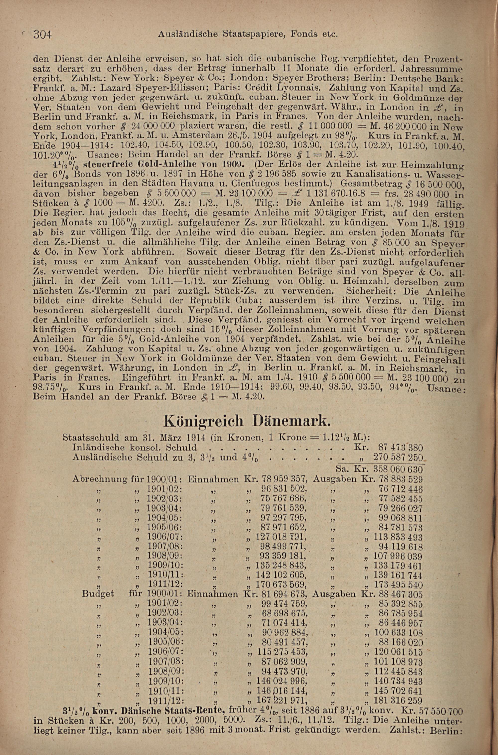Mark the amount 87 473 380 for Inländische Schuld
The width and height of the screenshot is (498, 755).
coord(401,448)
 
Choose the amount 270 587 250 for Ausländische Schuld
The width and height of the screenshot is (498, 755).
coord(398,458)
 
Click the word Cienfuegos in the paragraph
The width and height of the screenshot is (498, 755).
coord(295,183)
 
